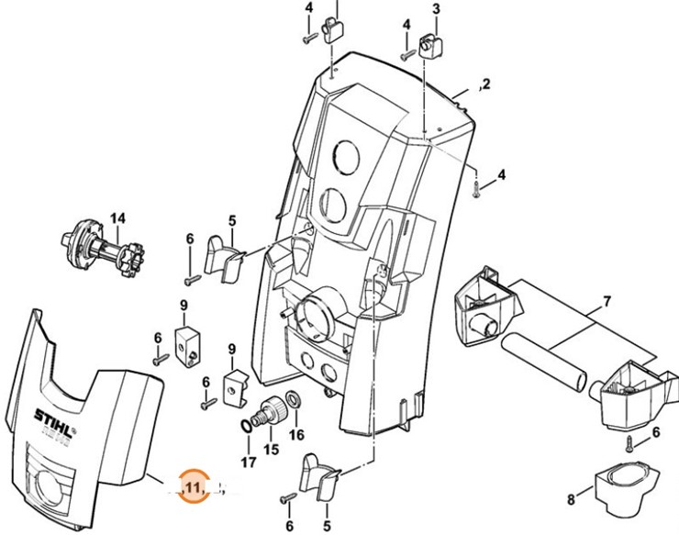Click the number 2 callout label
click(486, 84)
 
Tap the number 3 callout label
click(436, 10)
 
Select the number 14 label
click(117, 218)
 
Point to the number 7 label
click(606, 301)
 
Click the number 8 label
click(571, 500)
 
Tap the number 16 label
click(295, 434)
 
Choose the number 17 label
click(247, 463)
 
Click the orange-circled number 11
click(194, 486)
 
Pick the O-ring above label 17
click(249, 427)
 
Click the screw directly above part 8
click(629, 443)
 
